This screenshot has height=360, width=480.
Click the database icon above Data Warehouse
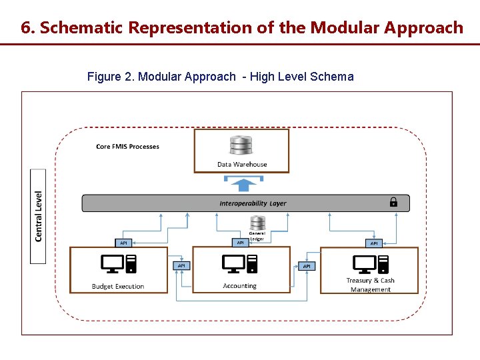(x=241, y=145)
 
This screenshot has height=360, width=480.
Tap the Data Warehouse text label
(x=241, y=164)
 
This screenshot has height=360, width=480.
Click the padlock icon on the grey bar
(x=393, y=202)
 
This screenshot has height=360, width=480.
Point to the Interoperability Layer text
(x=253, y=203)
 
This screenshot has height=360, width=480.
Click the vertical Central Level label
(x=39, y=216)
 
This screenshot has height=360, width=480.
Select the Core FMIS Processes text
(x=127, y=146)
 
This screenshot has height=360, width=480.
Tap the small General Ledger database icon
(x=257, y=223)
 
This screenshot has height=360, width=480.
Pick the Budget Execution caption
(x=118, y=287)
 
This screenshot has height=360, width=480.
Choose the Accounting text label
(x=240, y=286)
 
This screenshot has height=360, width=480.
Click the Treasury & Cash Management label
(x=370, y=285)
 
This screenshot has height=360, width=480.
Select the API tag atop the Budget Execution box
(x=123, y=243)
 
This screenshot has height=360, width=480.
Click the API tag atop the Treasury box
(x=374, y=243)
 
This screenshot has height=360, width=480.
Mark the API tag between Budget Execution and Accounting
(x=181, y=265)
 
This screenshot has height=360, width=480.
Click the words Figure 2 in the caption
(x=110, y=77)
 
